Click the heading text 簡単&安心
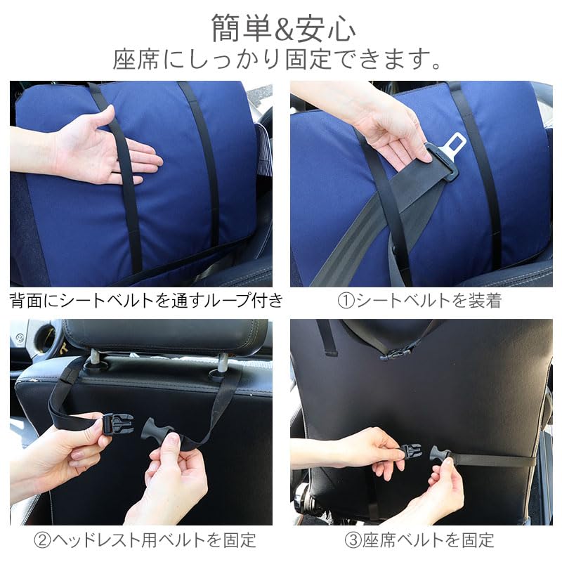click(x=283, y=28)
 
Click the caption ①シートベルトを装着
click(x=419, y=301)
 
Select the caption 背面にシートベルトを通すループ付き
click(x=146, y=301)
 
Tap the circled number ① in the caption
click(x=346, y=301)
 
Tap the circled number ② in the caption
click(x=42, y=540)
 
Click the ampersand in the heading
click(x=282, y=29)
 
